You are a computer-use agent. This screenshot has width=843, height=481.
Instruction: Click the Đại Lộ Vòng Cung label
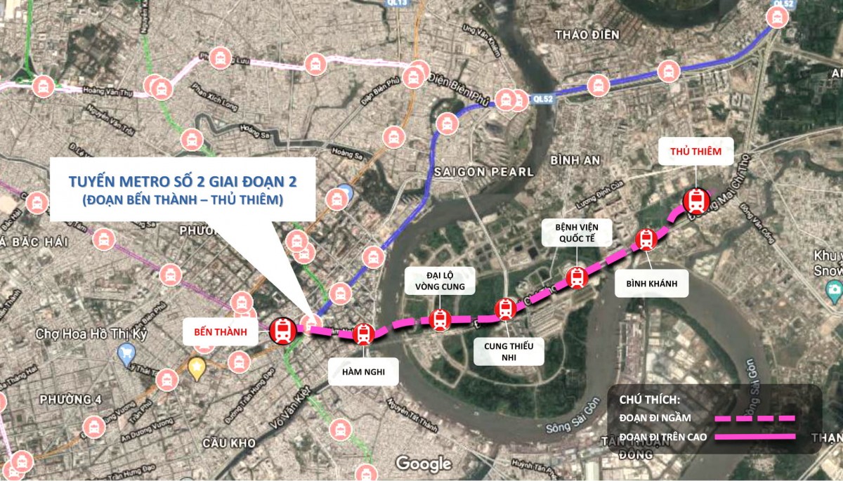pyautogui.click(x=440, y=280)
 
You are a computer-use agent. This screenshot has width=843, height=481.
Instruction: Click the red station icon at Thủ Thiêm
pyautogui.click(x=696, y=201)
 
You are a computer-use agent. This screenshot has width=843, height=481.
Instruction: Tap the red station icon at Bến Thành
pyautogui.click(x=283, y=330)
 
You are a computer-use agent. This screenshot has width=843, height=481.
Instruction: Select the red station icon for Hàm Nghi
pyautogui.click(x=363, y=334)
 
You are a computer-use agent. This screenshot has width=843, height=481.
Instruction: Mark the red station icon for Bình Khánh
pyautogui.click(x=646, y=239)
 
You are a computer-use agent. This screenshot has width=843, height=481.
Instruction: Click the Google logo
pyautogui.click(x=423, y=463)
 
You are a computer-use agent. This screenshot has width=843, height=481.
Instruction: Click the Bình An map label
pyautogui.click(x=575, y=160)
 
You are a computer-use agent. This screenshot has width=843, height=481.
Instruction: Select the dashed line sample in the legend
pyautogui.click(x=755, y=419)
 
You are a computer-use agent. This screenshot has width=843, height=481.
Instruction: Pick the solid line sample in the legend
pyautogui.click(x=755, y=437)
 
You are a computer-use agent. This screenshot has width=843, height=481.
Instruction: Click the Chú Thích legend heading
pyautogui.click(x=650, y=400)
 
